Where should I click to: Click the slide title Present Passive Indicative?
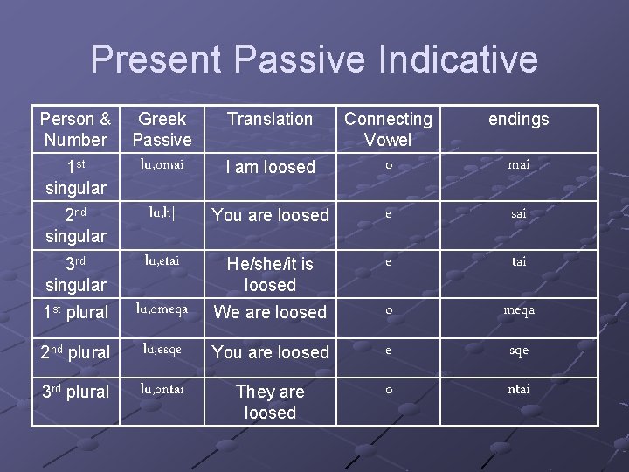pos(314,59)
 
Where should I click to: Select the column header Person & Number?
pos(75,129)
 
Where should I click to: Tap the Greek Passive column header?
pos(162,129)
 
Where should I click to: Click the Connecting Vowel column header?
pos(388,129)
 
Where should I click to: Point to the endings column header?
pos(518,119)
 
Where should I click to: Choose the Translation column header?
pos(270,119)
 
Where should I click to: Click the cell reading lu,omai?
pos(162,164)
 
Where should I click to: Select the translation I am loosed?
pos(270,167)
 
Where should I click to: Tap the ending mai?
pos(518,164)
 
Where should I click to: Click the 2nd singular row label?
pos(75,225)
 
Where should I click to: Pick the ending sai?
pos(518,212)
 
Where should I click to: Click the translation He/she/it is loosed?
pos(270,274)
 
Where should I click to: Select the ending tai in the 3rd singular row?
pos(518,261)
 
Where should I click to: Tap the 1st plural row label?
pos(75,312)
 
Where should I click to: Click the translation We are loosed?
pos(270,312)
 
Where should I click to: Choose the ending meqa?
pos(518,309)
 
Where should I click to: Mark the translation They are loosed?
pos(270,402)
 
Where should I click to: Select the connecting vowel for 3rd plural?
pos(388,389)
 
